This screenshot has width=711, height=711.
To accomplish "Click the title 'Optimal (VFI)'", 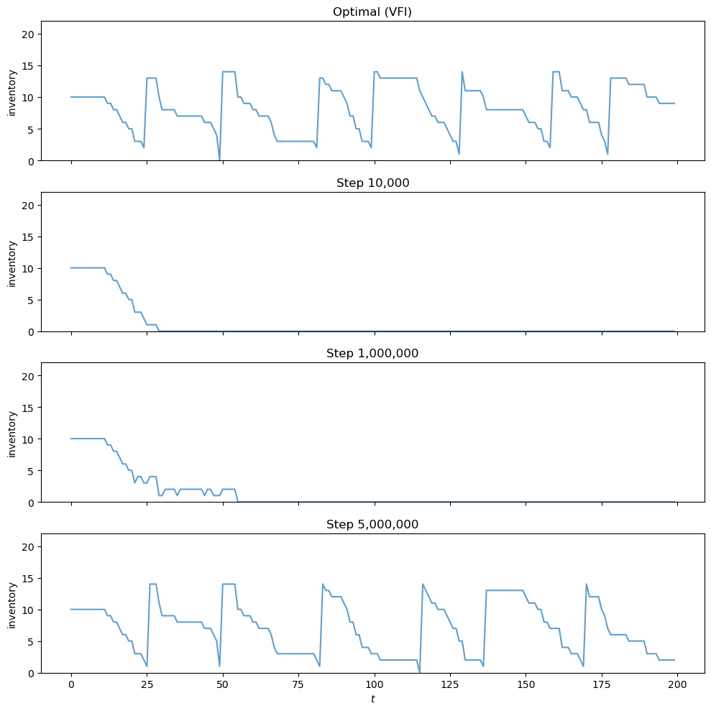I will point(372,12).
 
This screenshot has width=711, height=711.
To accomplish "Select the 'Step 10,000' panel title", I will point(372,183).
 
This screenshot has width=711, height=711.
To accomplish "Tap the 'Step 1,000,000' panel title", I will point(372,353).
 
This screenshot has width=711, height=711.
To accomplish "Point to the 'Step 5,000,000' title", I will point(372,524).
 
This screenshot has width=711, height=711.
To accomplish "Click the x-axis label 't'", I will point(372,699).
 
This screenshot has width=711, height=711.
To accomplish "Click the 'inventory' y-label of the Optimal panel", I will point(12,91).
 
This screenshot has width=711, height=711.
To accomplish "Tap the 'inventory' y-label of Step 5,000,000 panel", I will point(12,603).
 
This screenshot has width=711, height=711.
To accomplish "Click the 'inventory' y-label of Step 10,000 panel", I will point(12,262).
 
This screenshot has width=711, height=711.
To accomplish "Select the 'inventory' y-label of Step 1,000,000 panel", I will point(12,433).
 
